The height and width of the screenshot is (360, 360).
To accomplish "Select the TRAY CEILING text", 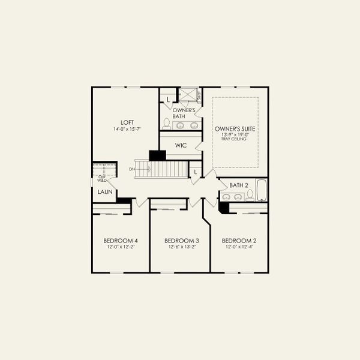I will tap(235, 139).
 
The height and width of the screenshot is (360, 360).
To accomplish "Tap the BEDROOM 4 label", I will tap(121, 241).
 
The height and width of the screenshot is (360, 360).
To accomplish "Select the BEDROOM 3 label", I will tap(181, 241).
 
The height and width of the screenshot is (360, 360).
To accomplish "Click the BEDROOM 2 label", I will tap(239, 241).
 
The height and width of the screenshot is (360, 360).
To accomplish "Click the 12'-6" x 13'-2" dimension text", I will tap(181, 247).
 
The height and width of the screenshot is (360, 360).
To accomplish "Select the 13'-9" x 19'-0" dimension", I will tap(235, 134).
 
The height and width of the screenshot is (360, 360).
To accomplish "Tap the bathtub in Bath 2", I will tap(261, 190).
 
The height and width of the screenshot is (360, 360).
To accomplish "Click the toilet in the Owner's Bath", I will tap(166, 124).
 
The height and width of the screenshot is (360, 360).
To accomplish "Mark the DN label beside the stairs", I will tap(132, 170).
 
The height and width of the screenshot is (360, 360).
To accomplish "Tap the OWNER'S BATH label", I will tap(184, 113).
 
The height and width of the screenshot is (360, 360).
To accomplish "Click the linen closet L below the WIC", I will tap(195, 173).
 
